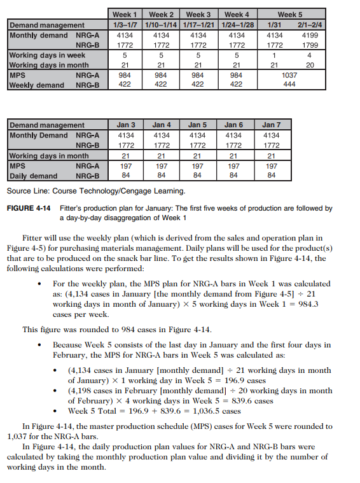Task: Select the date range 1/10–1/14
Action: tap(161, 25)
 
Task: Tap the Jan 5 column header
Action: tap(198, 125)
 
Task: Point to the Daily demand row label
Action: tap(32, 176)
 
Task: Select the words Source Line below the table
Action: tap(25, 190)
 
